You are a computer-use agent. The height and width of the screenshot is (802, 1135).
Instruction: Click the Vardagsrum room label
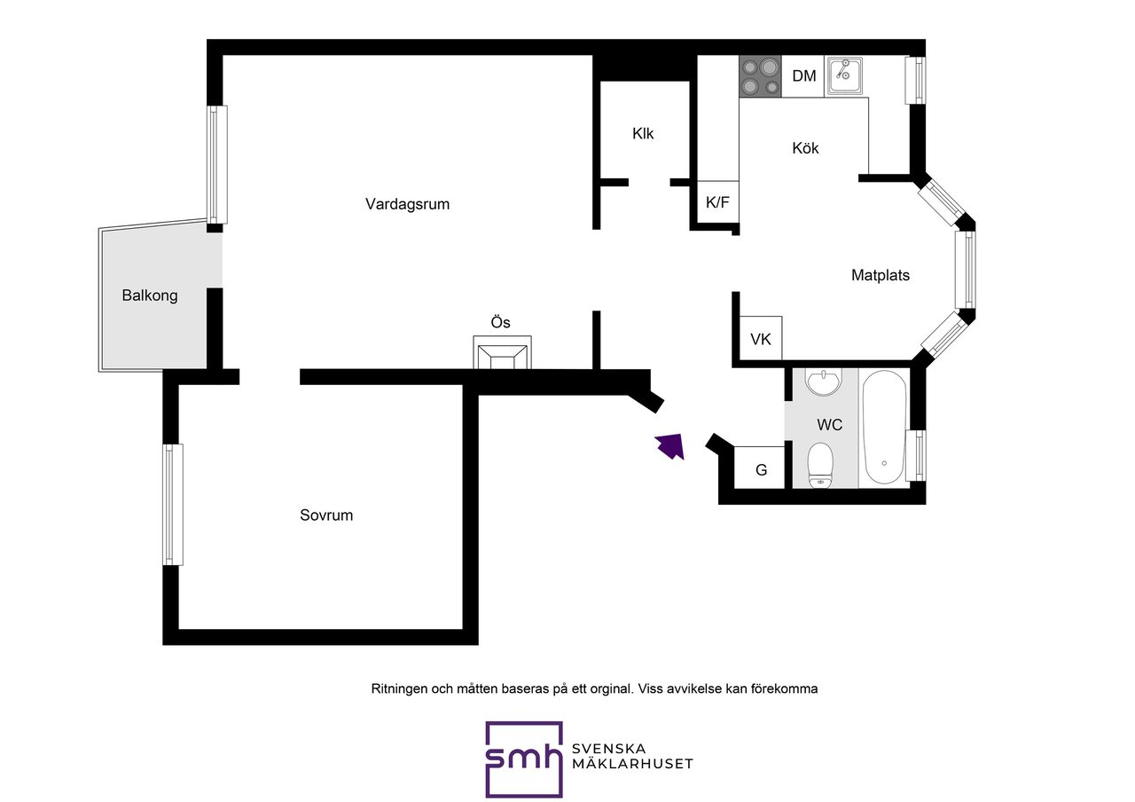[x=407, y=204]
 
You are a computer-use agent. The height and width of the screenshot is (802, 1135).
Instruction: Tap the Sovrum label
[x=326, y=515]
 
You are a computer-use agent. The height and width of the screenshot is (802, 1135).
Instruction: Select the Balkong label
[x=150, y=295]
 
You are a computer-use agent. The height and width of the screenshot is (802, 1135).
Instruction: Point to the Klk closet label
[x=643, y=133]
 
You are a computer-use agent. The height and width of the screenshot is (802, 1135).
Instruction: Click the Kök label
[x=805, y=148]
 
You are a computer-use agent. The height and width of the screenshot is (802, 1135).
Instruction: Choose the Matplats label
[x=881, y=275]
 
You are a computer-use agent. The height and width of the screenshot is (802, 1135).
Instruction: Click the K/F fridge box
[x=718, y=201]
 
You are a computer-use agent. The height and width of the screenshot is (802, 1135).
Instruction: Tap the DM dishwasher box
[x=803, y=76]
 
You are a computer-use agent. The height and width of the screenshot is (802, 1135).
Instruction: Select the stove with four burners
[x=760, y=76]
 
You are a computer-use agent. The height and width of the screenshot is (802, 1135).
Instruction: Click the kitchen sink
[x=843, y=76]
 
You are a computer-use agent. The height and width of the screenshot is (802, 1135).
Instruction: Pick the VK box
[x=761, y=338]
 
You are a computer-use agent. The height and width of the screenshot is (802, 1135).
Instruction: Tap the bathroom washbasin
[x=825, y=382]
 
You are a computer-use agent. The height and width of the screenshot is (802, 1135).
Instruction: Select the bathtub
[x=884, y=429]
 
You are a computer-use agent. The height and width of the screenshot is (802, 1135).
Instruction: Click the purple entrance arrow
[x=670, y=446]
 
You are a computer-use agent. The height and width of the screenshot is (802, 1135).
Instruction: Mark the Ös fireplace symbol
[x=502, y=352]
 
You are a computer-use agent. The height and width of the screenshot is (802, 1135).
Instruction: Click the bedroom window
[x=173, y=505]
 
